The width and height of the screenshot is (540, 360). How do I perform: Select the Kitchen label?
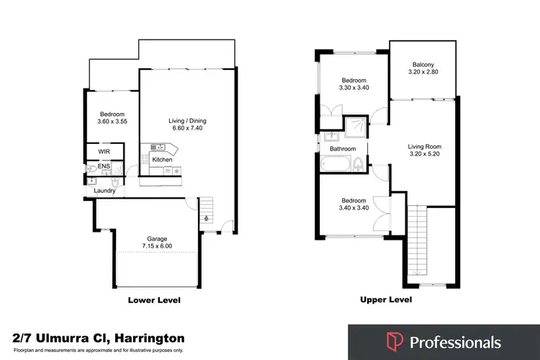click(x=162, y=158)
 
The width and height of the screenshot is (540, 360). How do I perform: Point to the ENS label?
click(x=104, y=166)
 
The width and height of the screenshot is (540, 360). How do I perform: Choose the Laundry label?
click(x=105, y=191)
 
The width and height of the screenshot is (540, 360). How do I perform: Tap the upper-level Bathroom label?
click(x=343, y=149)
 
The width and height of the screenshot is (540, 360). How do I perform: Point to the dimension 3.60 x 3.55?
click(x=112, y=122)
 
